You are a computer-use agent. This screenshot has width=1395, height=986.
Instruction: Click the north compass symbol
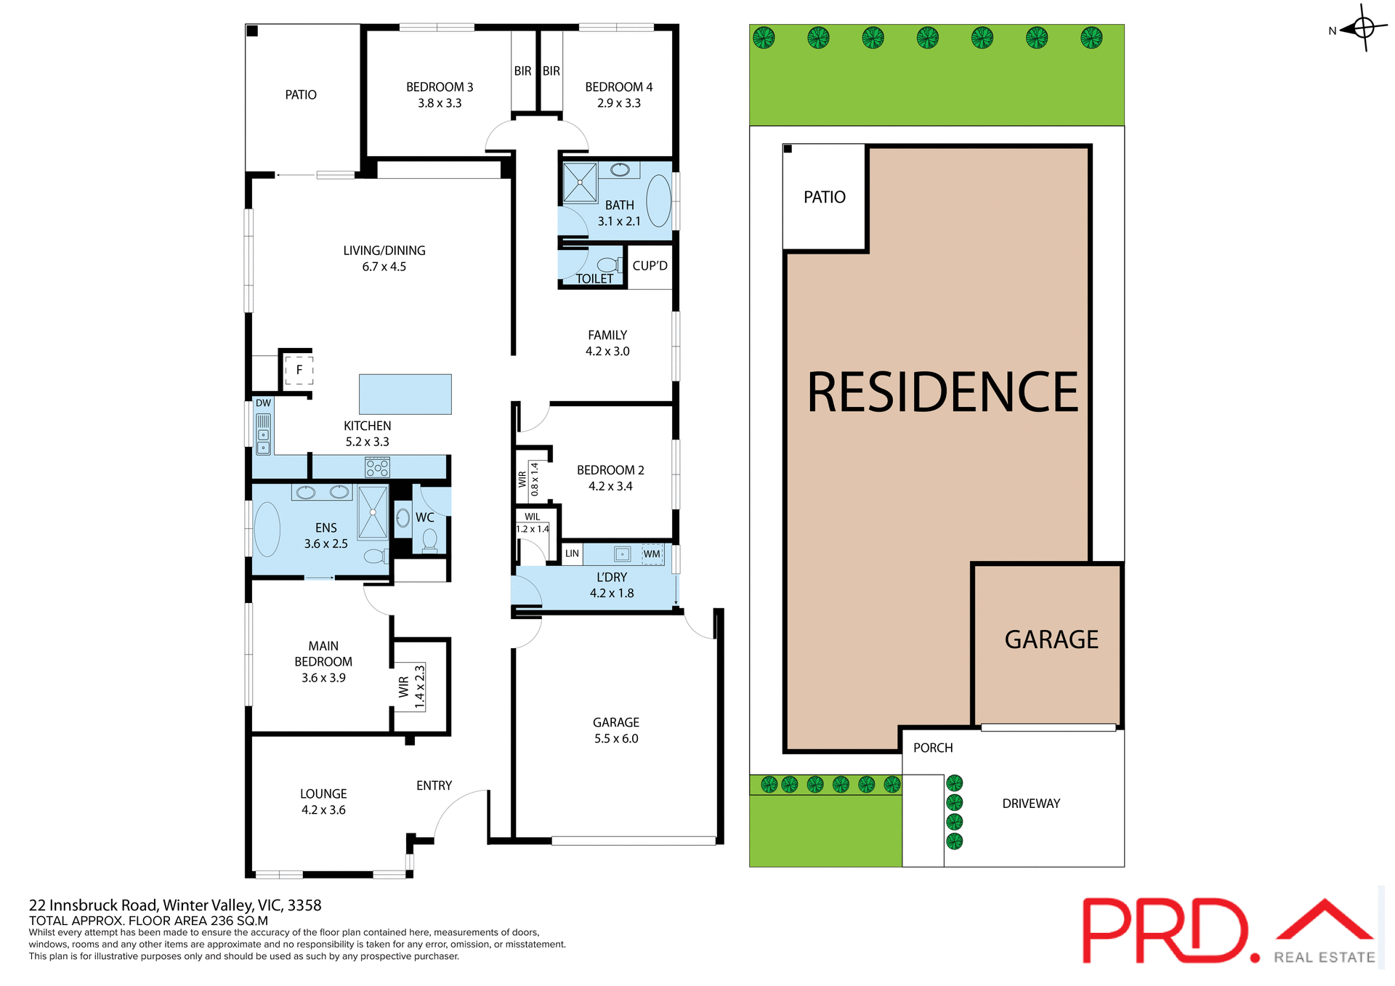1363,28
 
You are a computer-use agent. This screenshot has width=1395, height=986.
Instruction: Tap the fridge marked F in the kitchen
299,370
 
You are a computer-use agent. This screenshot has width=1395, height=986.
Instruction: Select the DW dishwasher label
263,403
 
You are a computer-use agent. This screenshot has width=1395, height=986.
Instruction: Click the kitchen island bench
405,394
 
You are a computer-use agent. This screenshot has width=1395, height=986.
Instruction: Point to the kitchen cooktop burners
377,466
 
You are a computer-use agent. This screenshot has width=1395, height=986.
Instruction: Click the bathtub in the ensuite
267,528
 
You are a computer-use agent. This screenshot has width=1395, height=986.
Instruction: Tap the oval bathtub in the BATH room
658,201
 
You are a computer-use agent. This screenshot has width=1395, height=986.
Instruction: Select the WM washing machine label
652,554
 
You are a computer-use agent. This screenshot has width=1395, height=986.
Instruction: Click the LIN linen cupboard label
572,554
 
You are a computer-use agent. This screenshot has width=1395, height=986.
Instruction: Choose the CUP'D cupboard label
650,266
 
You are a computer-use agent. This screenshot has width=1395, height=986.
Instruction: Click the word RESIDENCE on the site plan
942,392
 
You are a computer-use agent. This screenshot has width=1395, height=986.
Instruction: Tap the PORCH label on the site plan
932,748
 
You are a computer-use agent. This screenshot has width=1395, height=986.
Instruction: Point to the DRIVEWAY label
1030,804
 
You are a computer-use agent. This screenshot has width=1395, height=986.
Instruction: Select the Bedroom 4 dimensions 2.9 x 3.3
618,103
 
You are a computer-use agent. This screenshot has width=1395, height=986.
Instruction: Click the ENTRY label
434,785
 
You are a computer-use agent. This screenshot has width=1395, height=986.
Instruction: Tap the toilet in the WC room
429,540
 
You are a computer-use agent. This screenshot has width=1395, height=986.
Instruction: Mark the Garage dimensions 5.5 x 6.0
615,738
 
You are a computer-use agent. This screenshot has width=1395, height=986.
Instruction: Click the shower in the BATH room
580,182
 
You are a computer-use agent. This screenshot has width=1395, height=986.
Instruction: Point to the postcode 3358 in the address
304,905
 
